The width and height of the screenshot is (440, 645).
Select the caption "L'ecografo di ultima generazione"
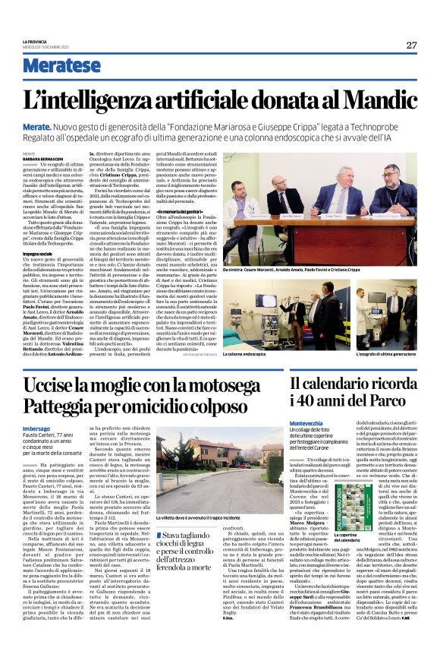click(375, 353)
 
